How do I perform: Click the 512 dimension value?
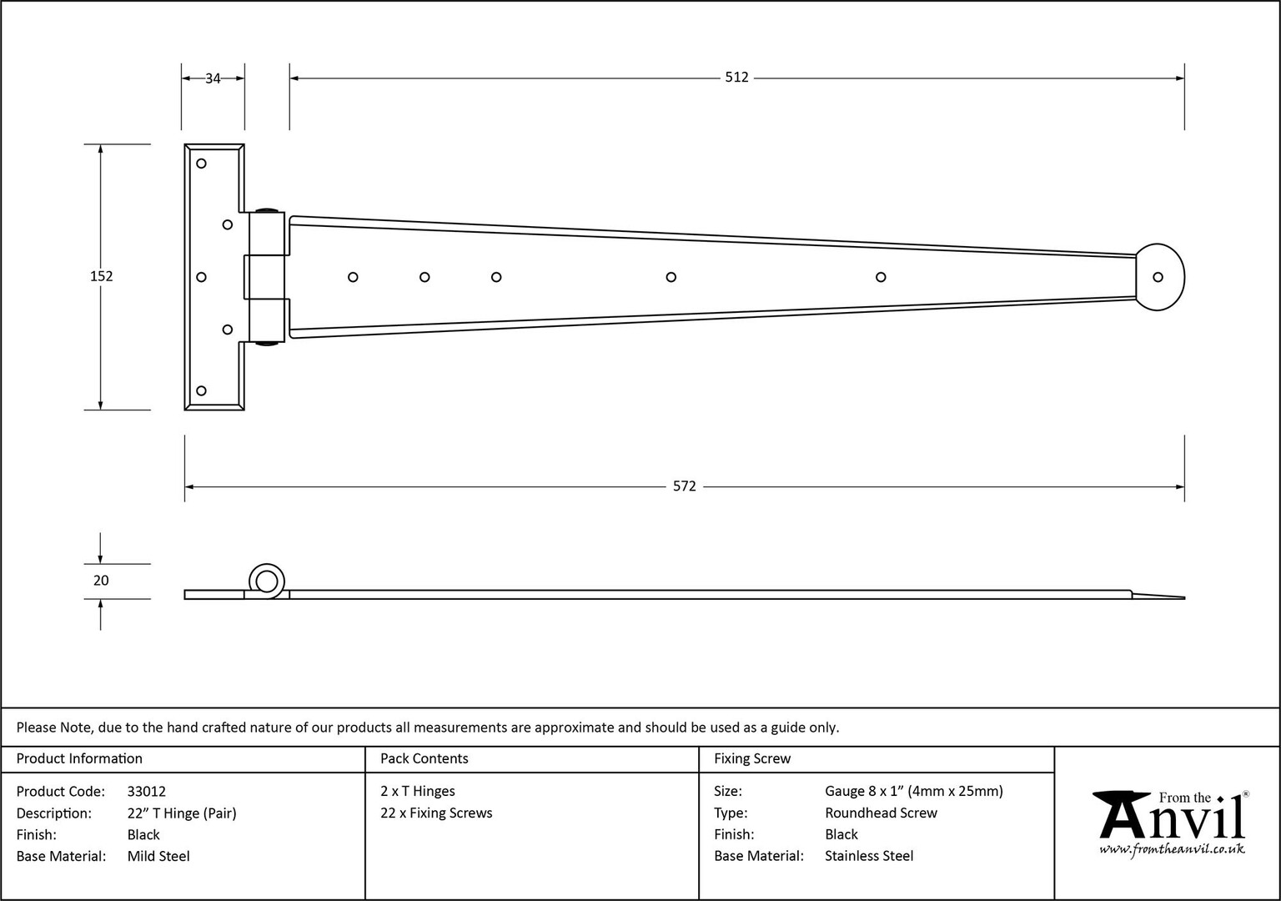tap(736, 78)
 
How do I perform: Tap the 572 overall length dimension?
tap(684, 486)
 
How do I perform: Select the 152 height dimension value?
tap(101, 276)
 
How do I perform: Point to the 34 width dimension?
tap(213, 78)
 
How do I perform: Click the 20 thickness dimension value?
tap(101, 581)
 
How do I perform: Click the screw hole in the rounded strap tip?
tap(1158, 278)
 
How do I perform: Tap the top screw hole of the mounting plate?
tap(201, 164)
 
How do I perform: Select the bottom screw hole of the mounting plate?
tap(201, 390)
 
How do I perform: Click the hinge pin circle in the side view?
tap(267, 581)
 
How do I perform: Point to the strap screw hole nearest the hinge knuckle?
tap(353, 278)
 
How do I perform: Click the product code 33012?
tap(147, 792)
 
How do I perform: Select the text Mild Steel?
tap(158, 857)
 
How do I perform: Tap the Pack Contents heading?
tap(424, 758)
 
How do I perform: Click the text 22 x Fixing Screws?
tap(436, 813)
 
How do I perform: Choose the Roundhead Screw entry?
tap(882, 813)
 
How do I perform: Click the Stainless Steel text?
tap(869, 856)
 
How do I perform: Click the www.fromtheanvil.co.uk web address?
tap(1172, 849)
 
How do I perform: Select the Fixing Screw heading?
tap(752, 758)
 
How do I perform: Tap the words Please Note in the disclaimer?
tap(55, 727)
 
